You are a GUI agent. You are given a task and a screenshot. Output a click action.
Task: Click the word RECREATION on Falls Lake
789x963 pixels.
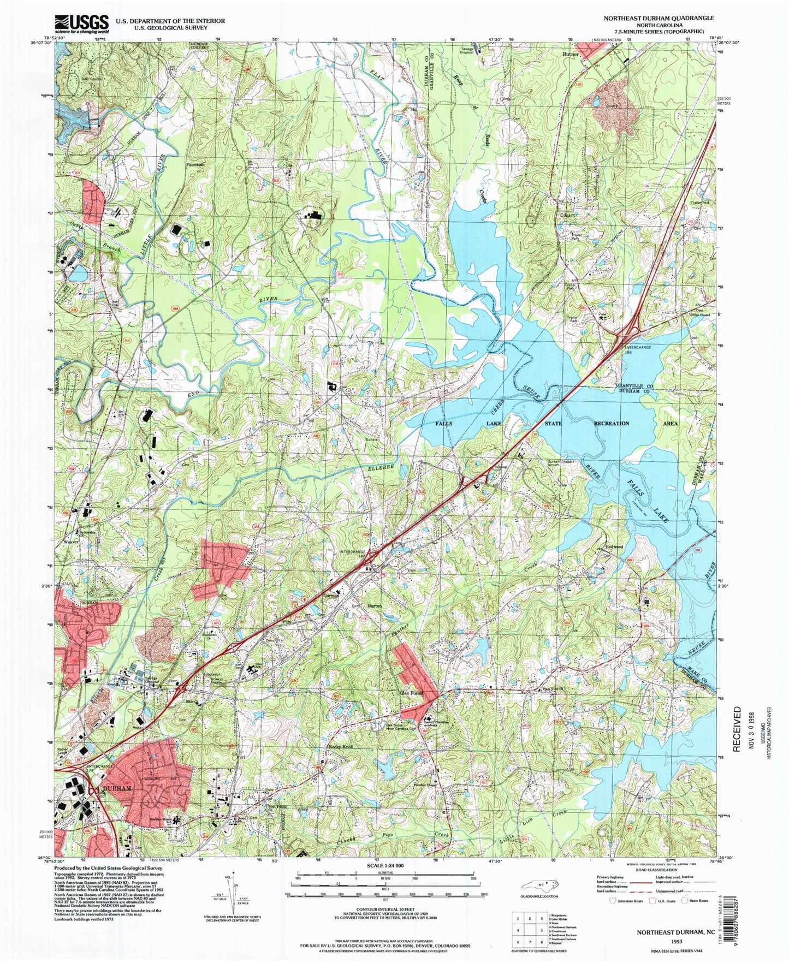[x=611, y=423]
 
